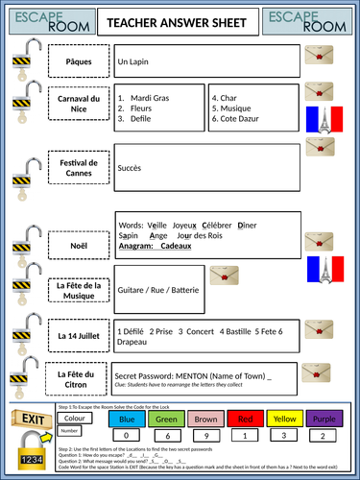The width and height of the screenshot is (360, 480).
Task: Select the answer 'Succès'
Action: click(130, 168)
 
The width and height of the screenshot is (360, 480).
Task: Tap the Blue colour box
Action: click(127, 419)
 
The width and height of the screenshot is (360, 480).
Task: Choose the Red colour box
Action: click(245, 419)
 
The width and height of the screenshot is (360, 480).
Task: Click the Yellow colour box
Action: click(284, 419)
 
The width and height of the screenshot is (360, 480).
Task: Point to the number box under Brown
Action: click(205, 435)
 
